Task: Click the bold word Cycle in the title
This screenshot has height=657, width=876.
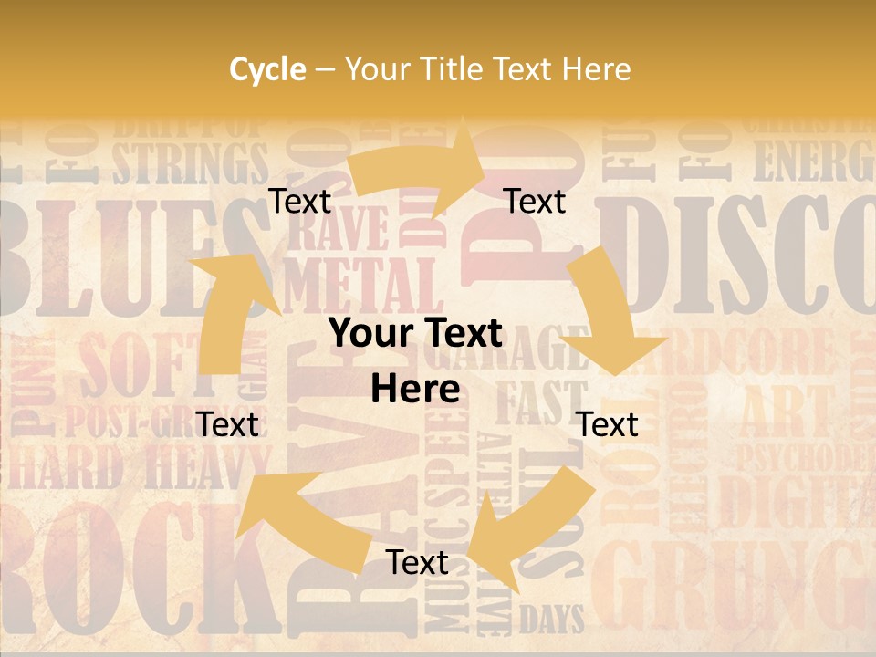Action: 266,69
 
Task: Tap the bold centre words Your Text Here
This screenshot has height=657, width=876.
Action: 415,361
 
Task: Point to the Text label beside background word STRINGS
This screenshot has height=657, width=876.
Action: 299,201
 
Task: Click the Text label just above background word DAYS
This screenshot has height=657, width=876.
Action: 417,562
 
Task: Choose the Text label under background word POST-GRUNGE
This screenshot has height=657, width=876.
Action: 227,424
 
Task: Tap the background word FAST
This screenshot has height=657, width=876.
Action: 538,401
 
